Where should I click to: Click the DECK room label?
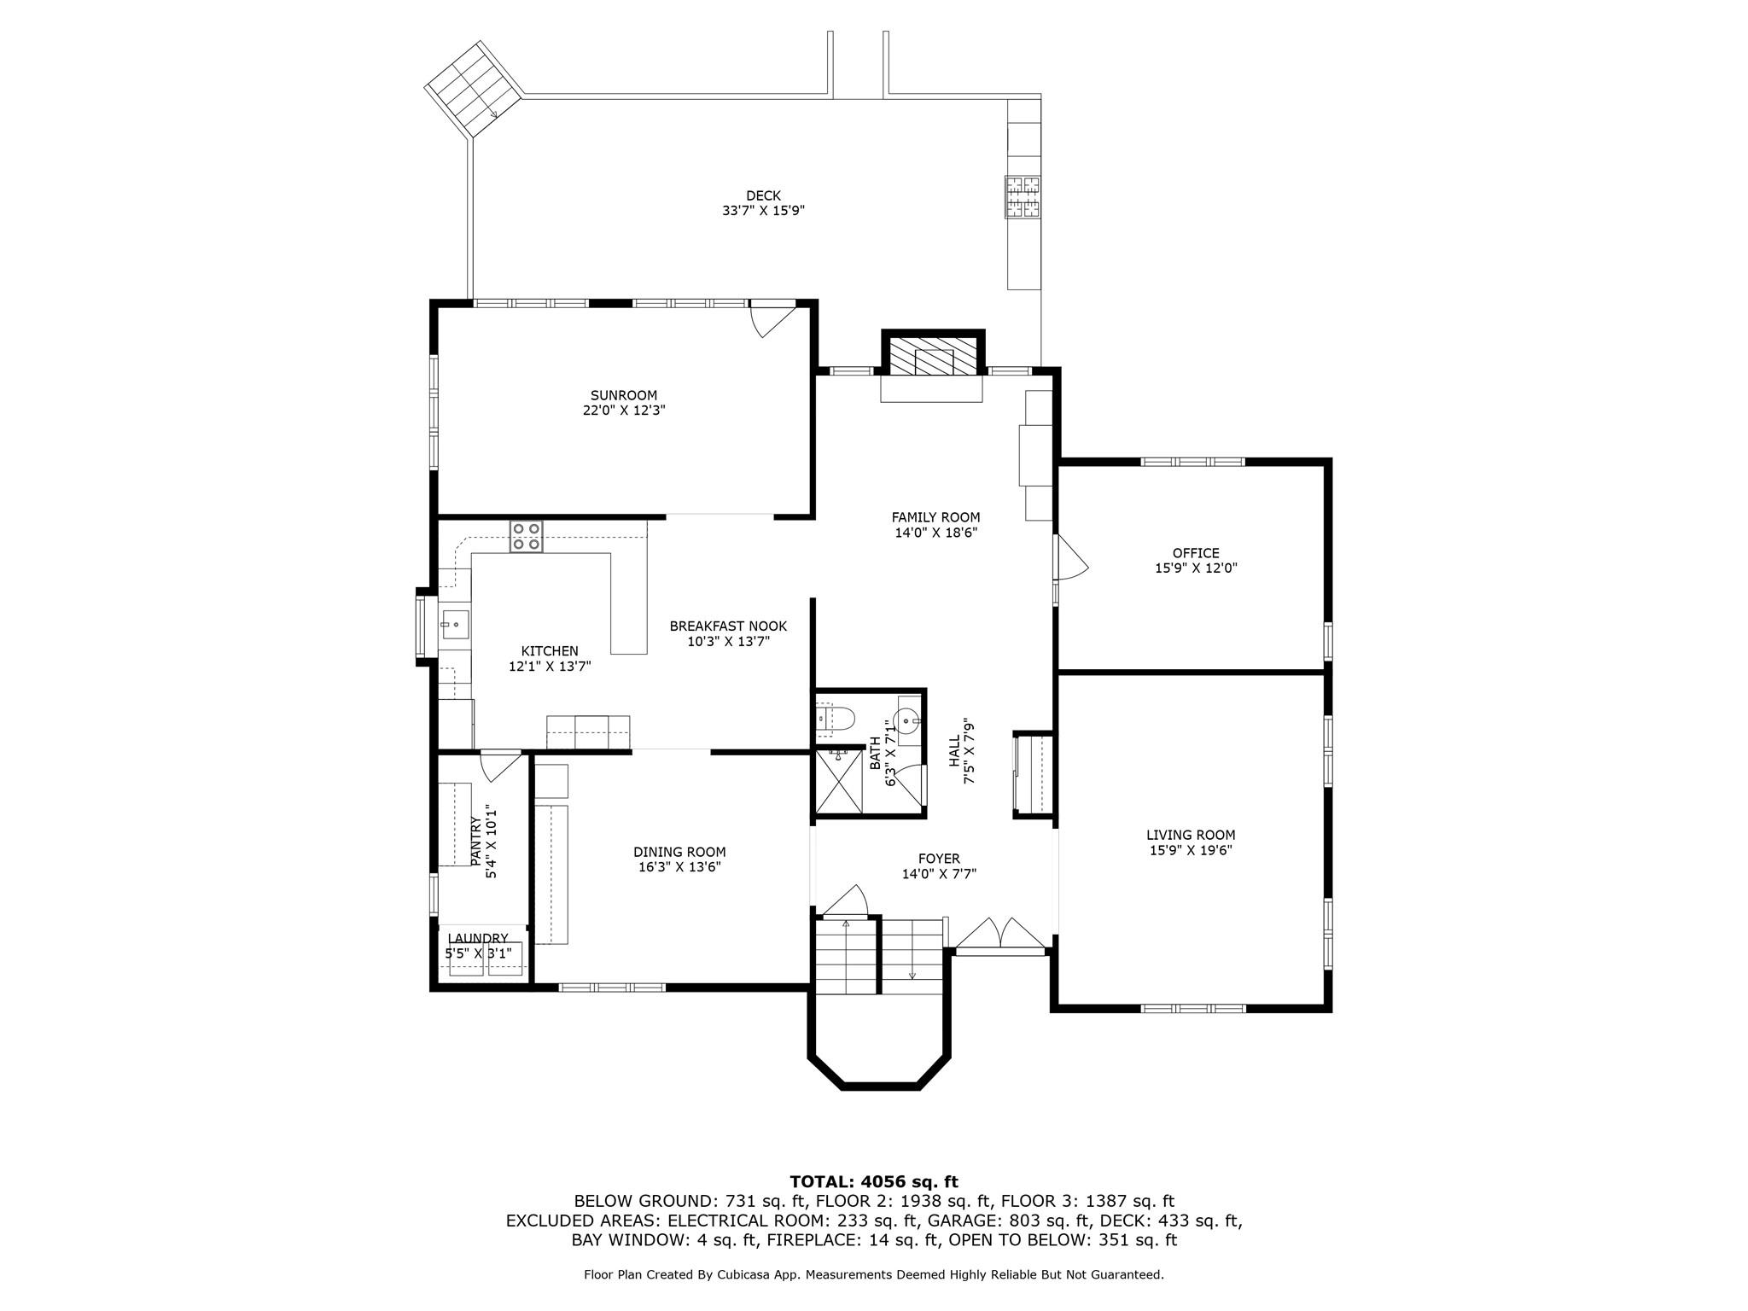coord(763,196)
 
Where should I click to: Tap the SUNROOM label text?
coord(624,395)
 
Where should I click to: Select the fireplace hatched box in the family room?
coord(933,356)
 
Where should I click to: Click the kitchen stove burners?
coord(526,536)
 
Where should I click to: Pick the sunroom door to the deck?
coord(772,319)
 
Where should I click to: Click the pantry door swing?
coord(499,766)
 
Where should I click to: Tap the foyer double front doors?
coord(1000,933)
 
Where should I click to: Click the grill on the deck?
coord(1023,196)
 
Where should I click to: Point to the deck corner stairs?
coord(475,89)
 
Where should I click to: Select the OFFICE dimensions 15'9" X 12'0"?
coord(1196,568)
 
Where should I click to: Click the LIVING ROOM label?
coord(1191,836)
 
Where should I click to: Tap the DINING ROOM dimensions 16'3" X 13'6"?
coord(679,867)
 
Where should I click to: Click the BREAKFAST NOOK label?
coord(728,626)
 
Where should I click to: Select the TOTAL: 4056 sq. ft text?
coord(874,1182)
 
